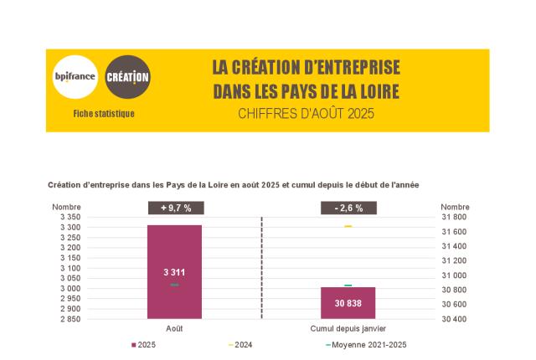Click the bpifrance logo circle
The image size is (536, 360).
75,77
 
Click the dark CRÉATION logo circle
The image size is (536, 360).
127,77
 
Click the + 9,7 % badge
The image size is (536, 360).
175,208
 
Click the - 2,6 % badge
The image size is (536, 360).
348,208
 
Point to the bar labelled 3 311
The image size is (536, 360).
174,272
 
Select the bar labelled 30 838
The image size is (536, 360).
348,303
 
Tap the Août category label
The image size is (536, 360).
174,329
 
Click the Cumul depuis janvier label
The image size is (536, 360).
348,329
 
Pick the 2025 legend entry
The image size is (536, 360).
144,345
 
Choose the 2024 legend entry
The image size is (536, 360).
240,345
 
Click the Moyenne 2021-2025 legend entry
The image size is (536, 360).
368,345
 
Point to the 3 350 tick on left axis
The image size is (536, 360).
70,217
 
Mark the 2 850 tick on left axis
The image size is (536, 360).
70,319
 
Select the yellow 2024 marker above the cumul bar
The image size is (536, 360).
348,227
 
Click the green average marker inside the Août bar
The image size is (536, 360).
174,285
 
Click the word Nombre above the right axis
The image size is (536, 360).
455,207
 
